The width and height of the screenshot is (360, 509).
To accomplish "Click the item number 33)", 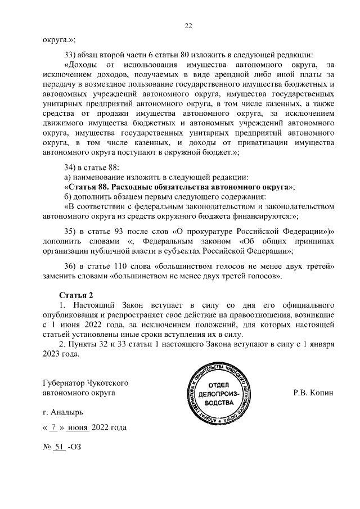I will pos(73,54).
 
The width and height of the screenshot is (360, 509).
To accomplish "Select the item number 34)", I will pos(73,166).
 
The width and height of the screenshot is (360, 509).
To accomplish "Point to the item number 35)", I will pos(73,231).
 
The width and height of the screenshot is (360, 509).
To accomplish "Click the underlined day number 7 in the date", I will pos(53,427).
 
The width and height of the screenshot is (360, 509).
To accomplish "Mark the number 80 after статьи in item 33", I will pos(187,54).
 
